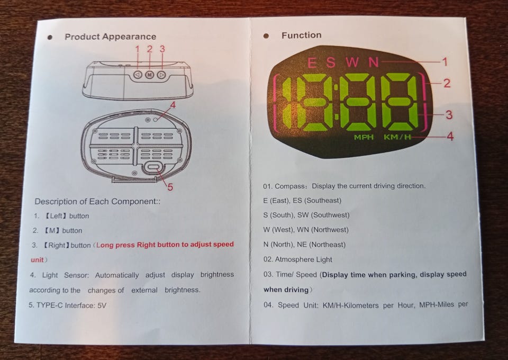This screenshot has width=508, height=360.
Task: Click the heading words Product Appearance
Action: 110,37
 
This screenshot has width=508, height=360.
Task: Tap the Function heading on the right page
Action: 301,35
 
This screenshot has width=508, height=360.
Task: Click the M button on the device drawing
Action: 149,75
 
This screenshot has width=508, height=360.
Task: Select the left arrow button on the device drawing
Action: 138,75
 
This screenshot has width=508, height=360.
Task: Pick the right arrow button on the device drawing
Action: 161,75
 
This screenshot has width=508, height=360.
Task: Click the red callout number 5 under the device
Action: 170,187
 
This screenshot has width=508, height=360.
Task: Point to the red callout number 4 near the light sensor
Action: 173,105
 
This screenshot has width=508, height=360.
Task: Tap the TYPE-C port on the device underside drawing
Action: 153,167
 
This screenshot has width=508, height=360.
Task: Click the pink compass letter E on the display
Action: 312,62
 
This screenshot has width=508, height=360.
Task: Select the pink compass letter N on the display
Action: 374,62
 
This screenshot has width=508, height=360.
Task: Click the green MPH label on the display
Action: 364,137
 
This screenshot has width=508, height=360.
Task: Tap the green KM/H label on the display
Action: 397,137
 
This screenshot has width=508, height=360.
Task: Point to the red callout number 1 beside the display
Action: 445,61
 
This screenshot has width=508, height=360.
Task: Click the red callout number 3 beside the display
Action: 449,115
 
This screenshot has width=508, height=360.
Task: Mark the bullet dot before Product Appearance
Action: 50,37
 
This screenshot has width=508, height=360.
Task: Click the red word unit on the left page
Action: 37,260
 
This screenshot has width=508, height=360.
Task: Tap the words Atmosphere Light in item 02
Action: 303,259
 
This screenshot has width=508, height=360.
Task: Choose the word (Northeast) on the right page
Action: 327,245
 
